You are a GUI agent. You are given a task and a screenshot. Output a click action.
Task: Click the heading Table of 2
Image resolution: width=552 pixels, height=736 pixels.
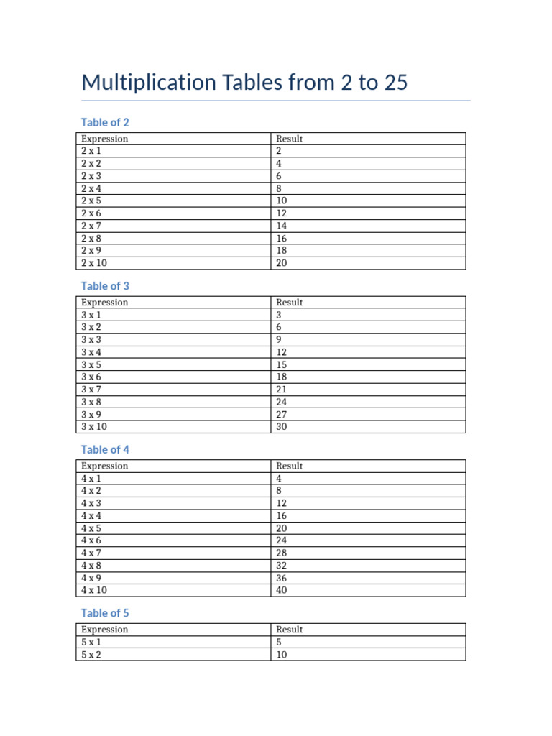[105, 122]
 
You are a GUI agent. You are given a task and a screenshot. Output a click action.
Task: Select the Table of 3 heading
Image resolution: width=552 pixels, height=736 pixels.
[105, 286]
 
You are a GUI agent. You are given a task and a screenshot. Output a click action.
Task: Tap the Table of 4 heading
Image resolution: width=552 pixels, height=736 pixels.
[105, 450]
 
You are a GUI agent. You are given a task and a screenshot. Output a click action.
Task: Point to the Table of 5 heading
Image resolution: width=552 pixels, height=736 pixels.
[105, 613]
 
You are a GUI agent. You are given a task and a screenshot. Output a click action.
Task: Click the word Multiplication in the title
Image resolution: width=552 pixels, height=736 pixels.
[148, 83]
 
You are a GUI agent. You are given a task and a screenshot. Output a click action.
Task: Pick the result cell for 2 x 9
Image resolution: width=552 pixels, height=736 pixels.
[282, 250]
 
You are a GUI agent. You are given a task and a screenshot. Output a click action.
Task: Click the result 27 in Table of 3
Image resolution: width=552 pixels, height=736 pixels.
[282, 414]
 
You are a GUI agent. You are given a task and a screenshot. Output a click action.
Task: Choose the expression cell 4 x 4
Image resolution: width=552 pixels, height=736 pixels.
[91, 515]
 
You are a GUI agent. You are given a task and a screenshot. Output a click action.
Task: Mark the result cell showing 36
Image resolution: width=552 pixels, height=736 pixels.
[282, 577]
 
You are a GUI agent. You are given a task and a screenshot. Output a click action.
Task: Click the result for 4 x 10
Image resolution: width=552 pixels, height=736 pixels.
[282, 590]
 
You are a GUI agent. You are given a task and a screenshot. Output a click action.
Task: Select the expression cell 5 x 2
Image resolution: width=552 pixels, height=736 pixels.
[91, 655]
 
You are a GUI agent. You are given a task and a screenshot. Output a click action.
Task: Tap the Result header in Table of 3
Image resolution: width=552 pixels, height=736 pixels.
[289, 303]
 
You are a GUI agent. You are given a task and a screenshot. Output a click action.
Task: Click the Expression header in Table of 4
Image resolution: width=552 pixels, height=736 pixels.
[104, 466]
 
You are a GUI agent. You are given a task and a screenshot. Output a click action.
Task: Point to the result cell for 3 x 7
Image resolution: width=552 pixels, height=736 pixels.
[282, 389]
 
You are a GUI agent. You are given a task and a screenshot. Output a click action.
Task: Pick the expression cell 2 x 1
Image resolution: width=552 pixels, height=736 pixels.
[91, 151]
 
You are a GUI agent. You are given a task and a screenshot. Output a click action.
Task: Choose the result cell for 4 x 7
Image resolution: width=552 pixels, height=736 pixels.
[282, 553]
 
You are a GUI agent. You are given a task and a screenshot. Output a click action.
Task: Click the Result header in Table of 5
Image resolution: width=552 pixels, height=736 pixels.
[289, 630]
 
